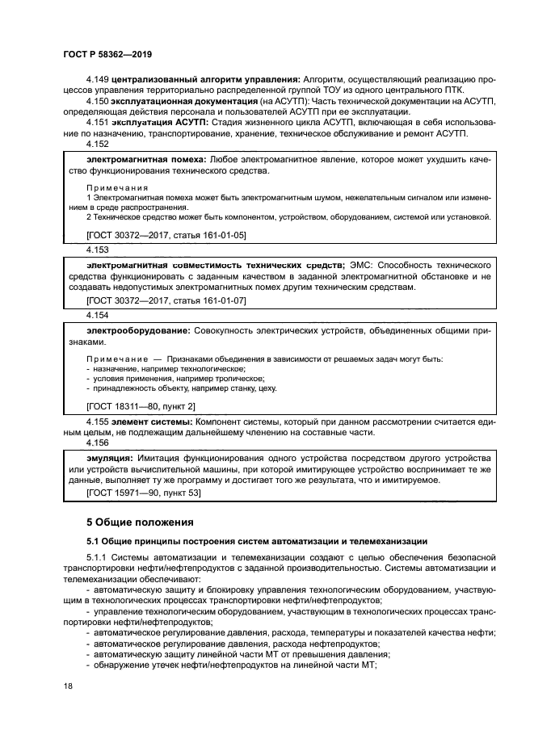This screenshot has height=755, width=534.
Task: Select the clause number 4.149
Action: point(97,79)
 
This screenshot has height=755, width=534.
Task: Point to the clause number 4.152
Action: point(97,144)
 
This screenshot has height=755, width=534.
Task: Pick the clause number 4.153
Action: point(97,251)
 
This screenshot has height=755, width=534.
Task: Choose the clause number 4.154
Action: point(97,316)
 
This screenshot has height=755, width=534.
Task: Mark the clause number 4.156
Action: point(97,443)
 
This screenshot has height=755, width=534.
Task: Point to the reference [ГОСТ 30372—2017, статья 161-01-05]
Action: point(166,235)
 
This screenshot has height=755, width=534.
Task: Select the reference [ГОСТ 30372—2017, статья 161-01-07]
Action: point(166,300)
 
